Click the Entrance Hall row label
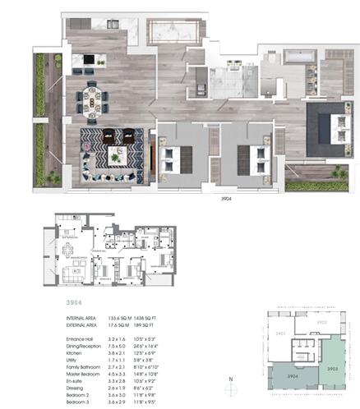(x=83, y=338)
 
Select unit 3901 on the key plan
(x=280, y=333)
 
